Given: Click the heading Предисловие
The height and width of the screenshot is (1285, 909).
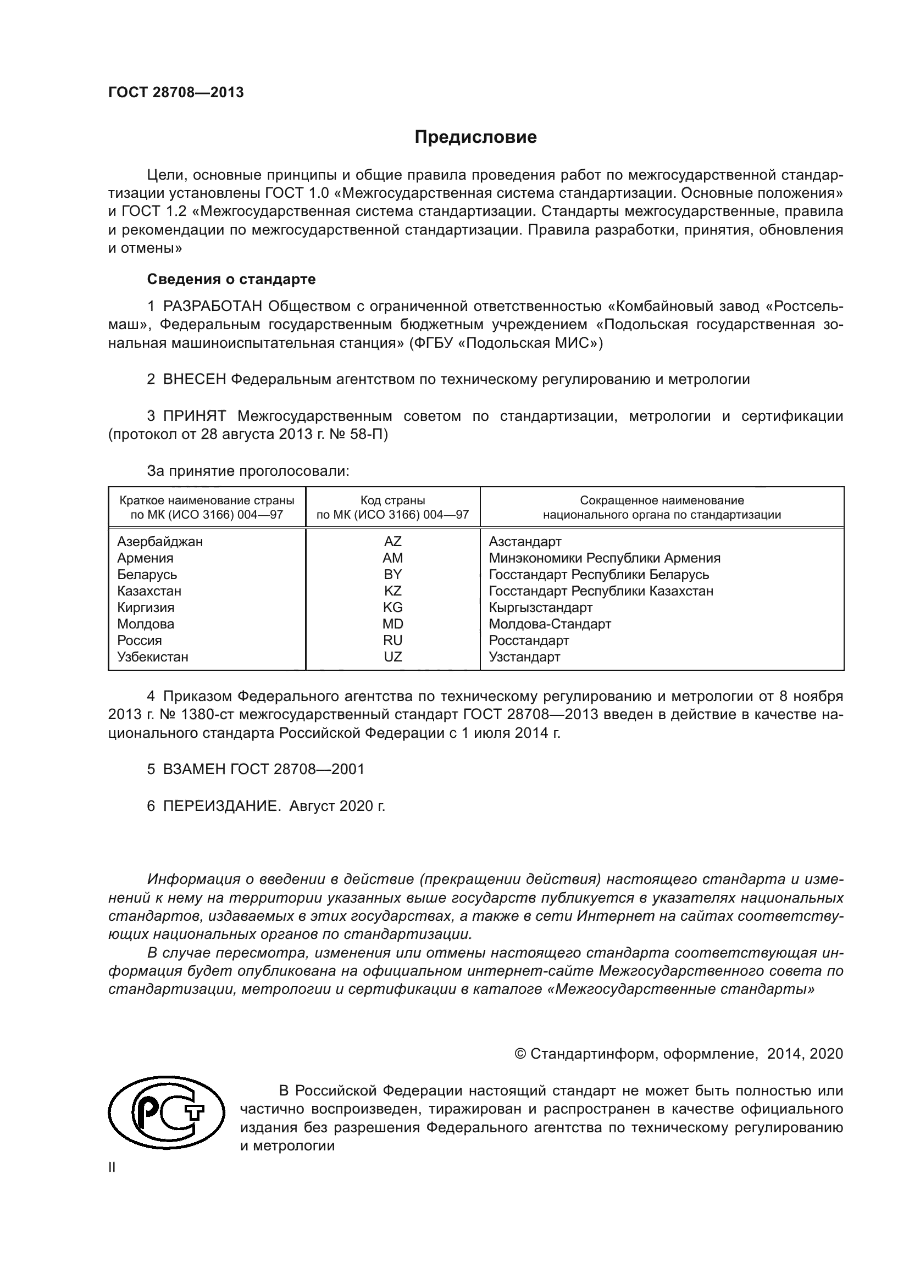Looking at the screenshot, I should tap(475, 137).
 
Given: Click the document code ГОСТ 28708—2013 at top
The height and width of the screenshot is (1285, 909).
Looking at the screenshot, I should tap(176, 93).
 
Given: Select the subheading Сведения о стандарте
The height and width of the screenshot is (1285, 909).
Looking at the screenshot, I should tap(231, 279).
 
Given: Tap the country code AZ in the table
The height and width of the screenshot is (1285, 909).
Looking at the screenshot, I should tap(392, 541).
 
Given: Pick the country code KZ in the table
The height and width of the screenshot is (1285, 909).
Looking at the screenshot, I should tap(392, 591).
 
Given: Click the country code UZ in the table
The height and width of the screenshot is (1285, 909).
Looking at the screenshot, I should tap(392, 657).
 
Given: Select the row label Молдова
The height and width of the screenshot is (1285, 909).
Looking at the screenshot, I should tap(146, 624).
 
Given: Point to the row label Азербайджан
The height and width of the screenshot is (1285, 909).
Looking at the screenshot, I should tap(160, 541).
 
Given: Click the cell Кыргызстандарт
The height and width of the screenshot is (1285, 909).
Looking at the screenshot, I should tap(540, 607).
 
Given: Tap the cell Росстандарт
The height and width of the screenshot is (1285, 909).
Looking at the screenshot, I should tap(528, 640).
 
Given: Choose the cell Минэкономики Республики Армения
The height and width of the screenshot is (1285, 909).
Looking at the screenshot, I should tap(605, 558).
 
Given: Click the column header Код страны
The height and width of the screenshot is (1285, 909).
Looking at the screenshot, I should tap(392, 500).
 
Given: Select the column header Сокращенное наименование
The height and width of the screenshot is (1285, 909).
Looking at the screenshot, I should tap(662, 500).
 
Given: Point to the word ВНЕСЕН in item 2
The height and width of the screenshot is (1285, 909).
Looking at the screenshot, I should tap(195, 379).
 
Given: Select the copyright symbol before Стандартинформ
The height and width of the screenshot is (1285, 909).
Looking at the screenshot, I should tap(519, 1054).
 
